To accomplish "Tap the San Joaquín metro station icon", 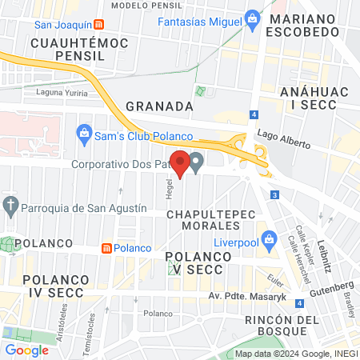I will [x=98, y=23].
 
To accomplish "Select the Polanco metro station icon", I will [x=106, y=248].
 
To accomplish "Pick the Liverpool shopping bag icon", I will [x=270, y=238].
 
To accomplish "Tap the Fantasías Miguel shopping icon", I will [x=252, y=17].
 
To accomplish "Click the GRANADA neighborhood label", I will [x=160, y=106].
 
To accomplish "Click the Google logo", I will [x=27, y=350].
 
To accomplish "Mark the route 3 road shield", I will [x=274, y=194].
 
